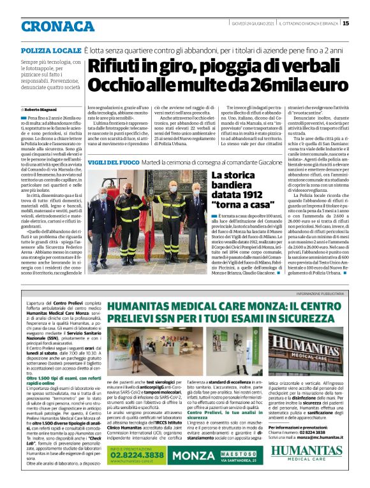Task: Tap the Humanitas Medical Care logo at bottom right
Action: (x=311, y=453)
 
